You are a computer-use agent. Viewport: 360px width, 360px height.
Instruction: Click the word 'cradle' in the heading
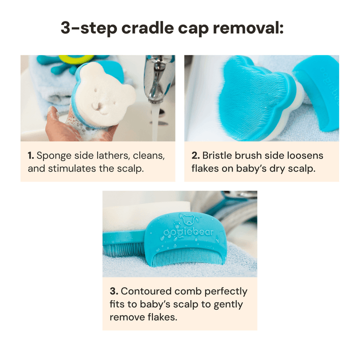click(147, 28)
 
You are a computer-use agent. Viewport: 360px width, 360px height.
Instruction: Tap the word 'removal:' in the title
click(248, 28)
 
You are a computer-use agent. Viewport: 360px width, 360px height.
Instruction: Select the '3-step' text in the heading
click(89, 28)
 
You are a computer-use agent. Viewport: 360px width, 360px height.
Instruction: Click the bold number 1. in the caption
click(31, 155)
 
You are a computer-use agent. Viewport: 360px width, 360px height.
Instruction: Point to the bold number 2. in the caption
click(195, 155)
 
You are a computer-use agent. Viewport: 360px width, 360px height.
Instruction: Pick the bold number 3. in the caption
click(114, 291)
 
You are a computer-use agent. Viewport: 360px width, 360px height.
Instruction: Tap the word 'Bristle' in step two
click(217, 155)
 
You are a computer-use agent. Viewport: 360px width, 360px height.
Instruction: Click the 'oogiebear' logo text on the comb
click(188, 232)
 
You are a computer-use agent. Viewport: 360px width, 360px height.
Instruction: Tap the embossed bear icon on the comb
click(188, 220)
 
